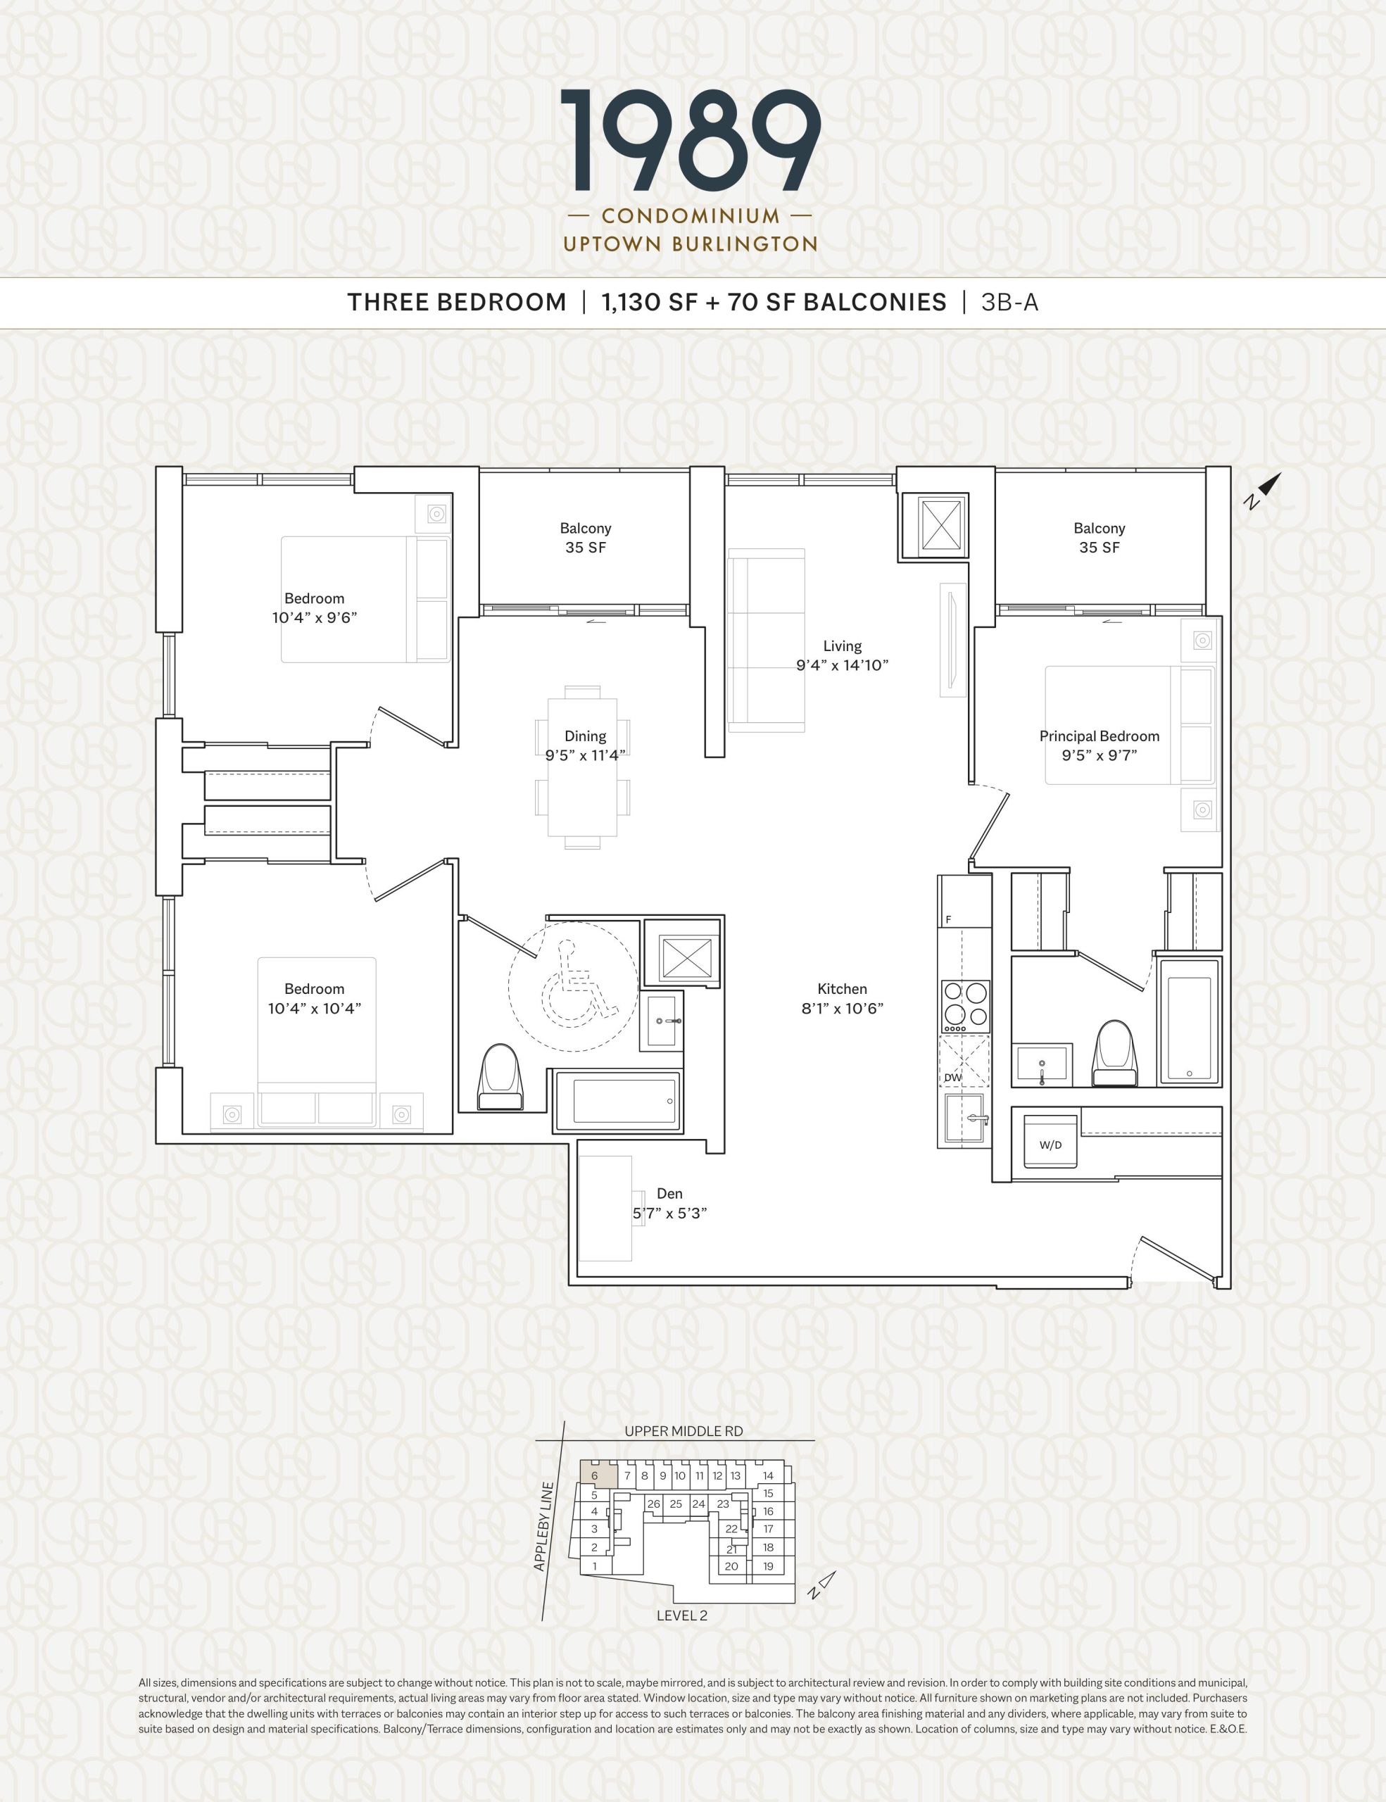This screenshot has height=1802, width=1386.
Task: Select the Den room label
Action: coord(669,1194)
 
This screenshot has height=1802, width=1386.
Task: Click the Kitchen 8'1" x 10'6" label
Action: coord(843,998)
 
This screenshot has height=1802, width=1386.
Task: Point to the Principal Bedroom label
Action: coord(1099,736)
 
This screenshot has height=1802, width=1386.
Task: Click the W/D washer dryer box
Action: coord(1050,1141)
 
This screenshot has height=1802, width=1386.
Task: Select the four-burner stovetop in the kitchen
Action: coord(966,1006)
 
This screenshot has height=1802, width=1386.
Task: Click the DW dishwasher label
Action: coord(953,1078)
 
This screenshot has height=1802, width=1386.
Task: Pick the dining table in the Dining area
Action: coord(582,767)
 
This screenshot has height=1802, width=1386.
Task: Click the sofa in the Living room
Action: coord(767,641)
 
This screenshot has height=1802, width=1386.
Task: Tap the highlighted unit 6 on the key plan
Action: coord(596,1475)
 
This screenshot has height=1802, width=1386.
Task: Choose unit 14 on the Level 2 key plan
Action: coord(768,1475)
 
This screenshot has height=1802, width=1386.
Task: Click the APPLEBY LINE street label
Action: coord(543,1526)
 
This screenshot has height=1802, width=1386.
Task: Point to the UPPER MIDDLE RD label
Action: coord(683,1432)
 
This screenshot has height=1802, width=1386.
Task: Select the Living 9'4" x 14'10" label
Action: coord(843,656)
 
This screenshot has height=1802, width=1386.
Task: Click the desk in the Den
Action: coord(605,1208)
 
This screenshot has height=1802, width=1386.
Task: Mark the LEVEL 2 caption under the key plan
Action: coord(681,1615)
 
